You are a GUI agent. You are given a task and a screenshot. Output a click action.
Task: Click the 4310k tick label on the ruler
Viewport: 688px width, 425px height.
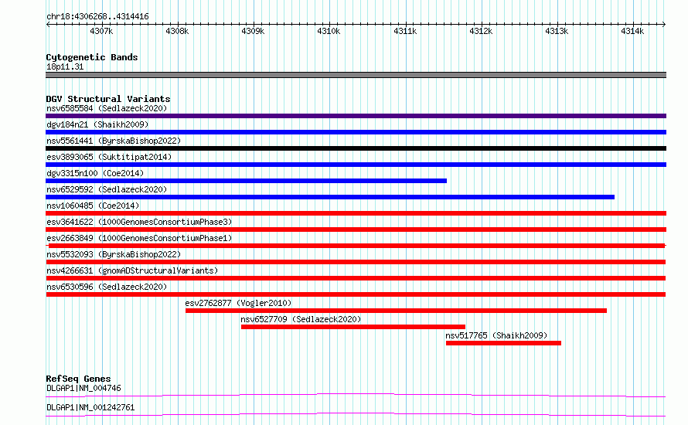tap(329, 31)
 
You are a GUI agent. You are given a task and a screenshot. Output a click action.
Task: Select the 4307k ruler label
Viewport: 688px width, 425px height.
tap(101, 31)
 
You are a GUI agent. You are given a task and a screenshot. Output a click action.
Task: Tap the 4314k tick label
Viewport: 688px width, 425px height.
tap(632, 31)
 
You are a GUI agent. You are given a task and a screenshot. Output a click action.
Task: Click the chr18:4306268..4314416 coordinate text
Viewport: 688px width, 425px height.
tap(97, 17)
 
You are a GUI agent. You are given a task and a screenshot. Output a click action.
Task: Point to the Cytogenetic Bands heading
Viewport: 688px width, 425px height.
tap(92, 57)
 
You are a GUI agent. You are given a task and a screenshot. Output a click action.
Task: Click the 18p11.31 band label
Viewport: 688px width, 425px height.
tap(65, 66)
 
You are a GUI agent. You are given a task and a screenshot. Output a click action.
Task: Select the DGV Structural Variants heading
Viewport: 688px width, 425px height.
tap(108, 99)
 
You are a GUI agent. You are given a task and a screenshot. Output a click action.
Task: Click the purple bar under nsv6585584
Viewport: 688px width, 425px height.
tap(356, 116)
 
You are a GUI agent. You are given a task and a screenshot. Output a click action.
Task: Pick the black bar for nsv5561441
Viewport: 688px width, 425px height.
tap(356, 148)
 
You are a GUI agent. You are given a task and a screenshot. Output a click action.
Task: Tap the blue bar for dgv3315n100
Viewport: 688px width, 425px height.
tap(246, 181)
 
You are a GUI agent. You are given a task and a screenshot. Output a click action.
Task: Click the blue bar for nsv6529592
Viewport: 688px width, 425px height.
tap(330, 197)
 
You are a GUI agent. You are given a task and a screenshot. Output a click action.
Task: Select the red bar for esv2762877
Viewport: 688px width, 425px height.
tap(397, 311)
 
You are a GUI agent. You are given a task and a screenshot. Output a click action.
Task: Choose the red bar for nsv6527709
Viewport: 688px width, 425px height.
tap(353, 327)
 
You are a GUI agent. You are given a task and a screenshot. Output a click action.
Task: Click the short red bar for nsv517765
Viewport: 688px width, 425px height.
tap(504, 343)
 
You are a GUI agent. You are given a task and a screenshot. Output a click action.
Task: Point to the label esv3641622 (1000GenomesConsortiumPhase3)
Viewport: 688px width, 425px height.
tap(139, 222)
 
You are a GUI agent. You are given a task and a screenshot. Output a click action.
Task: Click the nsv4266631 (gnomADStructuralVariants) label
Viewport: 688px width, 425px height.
tap(132, 270)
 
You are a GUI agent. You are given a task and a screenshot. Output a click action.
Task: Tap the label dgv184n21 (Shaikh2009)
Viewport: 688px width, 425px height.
tap(97, 124)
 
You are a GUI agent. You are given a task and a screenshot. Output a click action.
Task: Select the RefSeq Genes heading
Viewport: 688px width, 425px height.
tap(78, 379)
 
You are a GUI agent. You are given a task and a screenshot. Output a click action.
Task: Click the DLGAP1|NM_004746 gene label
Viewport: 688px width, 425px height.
tap(83, 388)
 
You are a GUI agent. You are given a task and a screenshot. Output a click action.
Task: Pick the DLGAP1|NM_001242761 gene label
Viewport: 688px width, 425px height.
tap(90, 407)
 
